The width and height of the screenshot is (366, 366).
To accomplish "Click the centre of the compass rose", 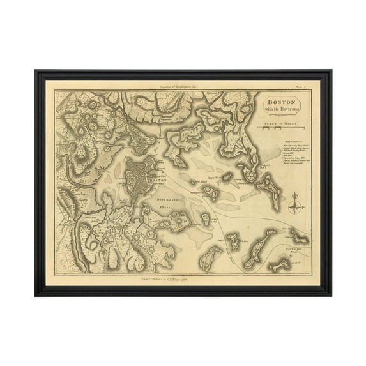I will (x=293, y=206).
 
